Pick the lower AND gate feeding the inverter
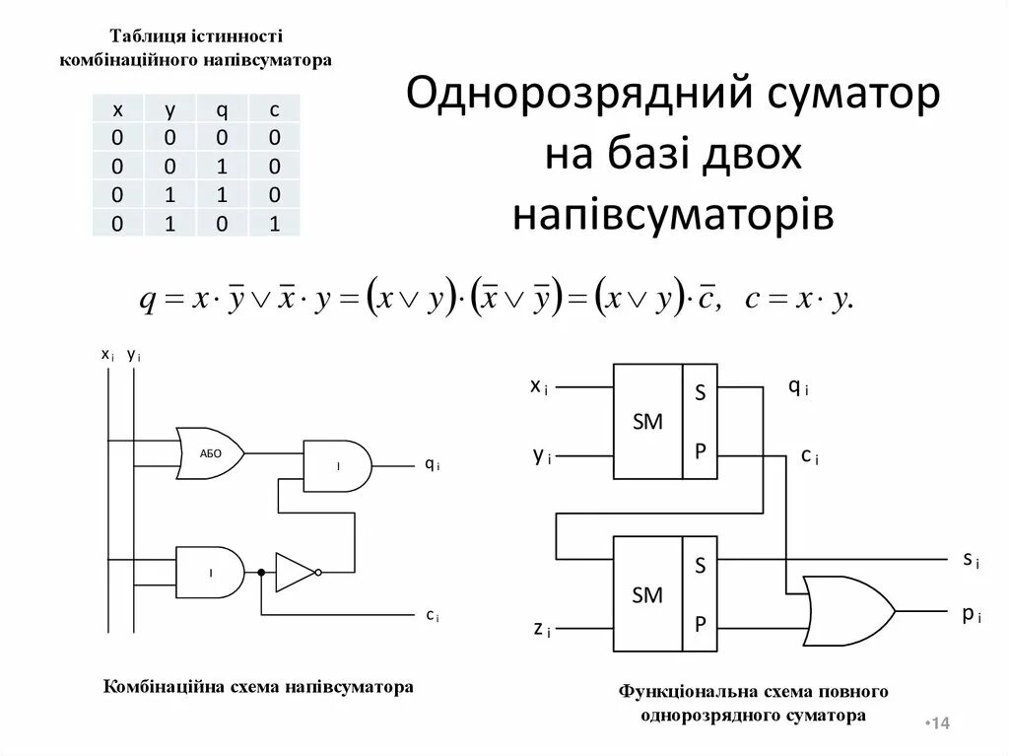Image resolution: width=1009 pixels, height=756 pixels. click(x=210, y=572)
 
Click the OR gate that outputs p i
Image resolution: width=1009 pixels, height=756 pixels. click(x=847, y=611)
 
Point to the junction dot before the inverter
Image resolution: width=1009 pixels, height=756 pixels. click(x=261, y=572)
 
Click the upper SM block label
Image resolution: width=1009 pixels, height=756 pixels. click(x=647, y=421)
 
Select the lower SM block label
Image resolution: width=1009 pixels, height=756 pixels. click(x=647, y=594)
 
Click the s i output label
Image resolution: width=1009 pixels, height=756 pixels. click(x=971, y=559)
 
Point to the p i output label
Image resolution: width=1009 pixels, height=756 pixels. click(x=971, y=614)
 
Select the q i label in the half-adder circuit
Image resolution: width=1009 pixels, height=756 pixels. click(x=432, y=463)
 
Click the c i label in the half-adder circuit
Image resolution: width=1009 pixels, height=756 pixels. click(x=432, y=615)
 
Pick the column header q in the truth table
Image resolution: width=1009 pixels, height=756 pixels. click(x=223, y=108)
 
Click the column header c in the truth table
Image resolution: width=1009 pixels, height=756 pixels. click(x=275, y=108)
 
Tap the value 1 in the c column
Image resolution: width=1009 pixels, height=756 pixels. click(x=275, y=224)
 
